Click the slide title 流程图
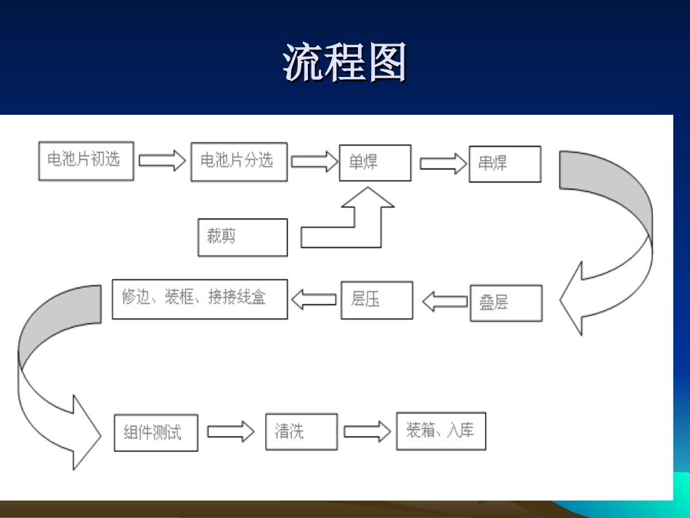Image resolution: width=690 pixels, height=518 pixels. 344,62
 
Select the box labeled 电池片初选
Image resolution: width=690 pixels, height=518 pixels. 86,161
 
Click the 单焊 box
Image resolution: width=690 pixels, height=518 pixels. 375,163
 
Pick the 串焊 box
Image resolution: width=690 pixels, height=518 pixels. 505,164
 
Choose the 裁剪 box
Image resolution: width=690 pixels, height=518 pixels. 243,238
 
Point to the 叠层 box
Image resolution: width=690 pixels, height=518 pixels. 506,303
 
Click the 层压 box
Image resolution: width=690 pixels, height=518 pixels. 376,300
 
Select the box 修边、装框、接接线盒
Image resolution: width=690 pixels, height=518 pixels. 199,299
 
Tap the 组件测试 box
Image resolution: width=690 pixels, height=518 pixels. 155,433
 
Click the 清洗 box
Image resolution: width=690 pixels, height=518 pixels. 301,432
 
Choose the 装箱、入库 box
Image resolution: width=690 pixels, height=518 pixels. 440,432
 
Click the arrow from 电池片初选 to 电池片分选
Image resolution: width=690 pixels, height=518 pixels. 162,161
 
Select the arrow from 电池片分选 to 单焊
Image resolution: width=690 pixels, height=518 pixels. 314,161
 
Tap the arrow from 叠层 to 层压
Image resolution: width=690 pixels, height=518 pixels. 445,302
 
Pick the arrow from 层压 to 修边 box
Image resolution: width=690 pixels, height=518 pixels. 314,299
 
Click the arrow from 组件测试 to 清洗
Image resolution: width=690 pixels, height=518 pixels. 231,432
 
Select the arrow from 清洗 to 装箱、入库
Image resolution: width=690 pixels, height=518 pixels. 367,432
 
